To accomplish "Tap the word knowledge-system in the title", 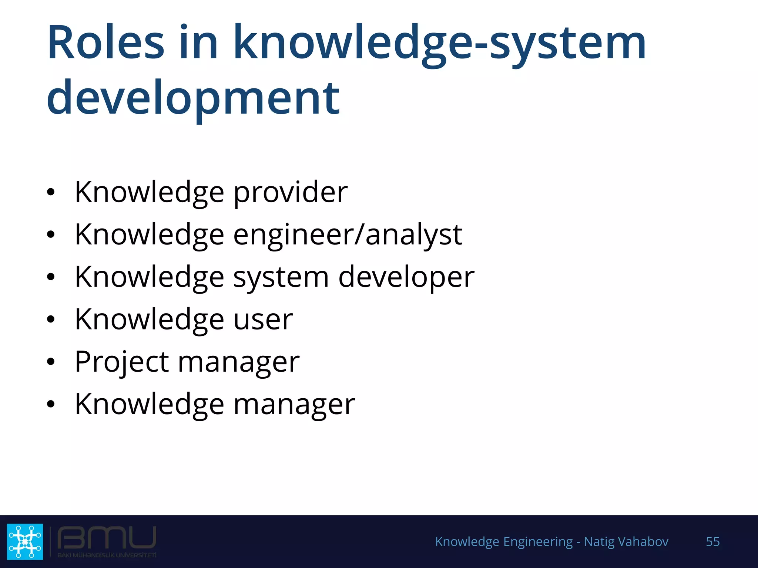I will pos(439,44).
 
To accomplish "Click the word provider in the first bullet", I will pos(290,193).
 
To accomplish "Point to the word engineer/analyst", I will pos(348,235).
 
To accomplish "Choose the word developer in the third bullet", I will pos(406,277).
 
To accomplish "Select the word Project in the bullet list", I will pos(122,362).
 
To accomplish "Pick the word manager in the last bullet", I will pos(294,405).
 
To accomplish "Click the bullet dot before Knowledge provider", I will pos(51,192).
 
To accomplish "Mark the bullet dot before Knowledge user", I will pos(51,319).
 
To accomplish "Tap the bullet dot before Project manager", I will pos(51,362).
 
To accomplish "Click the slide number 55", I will pos(712,541).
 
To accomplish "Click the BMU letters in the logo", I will pos(107,538).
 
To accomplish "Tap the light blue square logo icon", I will pos(25,541).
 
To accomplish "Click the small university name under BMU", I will pos(107,555).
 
